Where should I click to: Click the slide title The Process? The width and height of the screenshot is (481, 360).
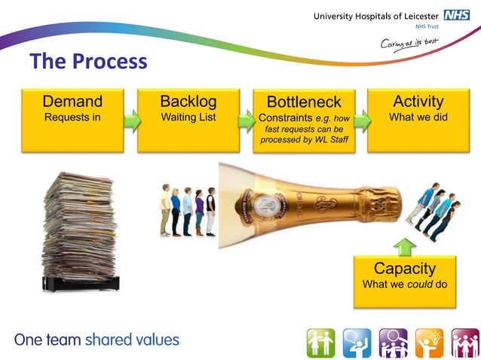click(x=88, y=62)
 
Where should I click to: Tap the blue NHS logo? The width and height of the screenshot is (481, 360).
click(x=456, y=15)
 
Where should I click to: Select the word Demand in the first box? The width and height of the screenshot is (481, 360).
click(x=72, y=102)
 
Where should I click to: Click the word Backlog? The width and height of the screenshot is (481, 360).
click(x=188, y=102)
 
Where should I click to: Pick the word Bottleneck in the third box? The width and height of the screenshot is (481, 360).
click(x=304, y=102)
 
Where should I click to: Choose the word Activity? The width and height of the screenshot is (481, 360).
click(x=418, y=102)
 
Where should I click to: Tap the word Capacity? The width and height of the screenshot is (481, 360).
click(x=405, y=269)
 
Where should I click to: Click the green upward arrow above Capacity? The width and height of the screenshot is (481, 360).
click(x=404, y=246)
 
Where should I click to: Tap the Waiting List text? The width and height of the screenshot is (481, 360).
click(x=188, y=117)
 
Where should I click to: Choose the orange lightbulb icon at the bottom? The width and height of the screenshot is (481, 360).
click(x=428, y=342)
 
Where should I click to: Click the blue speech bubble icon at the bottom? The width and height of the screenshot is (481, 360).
click(x=356, y=342)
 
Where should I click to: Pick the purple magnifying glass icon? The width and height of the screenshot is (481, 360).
click(x=392, y=342)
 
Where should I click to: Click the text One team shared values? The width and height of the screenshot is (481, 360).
click(x=97, y=340)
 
